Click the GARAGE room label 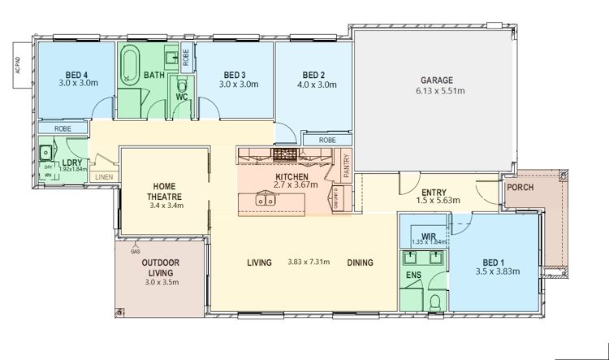[x=437, y=80]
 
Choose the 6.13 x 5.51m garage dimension [x=437, y=91]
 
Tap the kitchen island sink [x=266, y=198]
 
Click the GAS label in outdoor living [x=134, y=250]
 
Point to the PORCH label [x=519, y=188]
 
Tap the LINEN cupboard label [x=103, y=176]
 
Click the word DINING [x=360, y=262]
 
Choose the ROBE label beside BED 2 [x=326, y=140]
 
